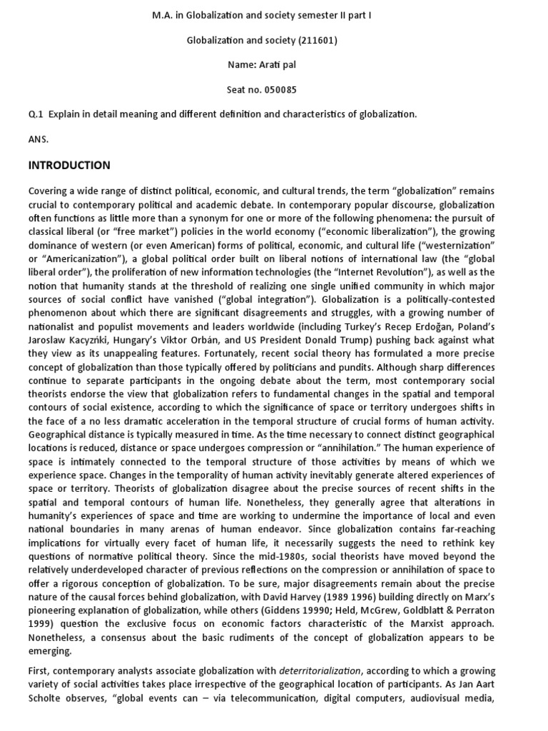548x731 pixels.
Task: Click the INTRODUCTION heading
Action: point(69,166)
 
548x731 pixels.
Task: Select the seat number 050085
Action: point(280,90)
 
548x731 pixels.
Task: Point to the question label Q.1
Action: point(36,114)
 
